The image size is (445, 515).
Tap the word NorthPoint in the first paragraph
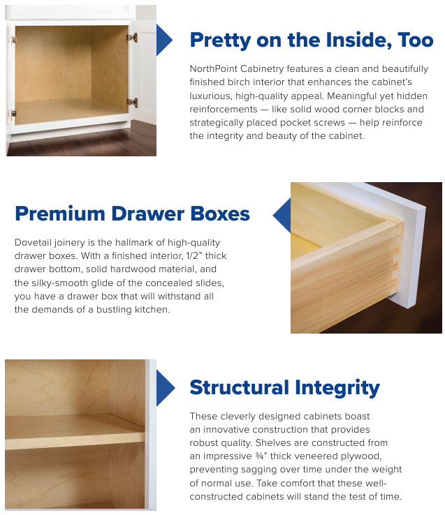[214, 68]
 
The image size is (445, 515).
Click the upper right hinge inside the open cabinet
[132, 38]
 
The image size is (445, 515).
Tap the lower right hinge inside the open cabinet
[132, 103]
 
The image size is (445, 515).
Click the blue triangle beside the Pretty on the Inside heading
[164, 40]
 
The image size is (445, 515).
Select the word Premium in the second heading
[60, 214]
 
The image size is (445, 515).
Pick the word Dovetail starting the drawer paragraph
[33, 242]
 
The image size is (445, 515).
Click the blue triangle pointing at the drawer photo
[282, 215]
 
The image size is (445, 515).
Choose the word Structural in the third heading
[239, 387]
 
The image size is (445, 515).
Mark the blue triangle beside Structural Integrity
[166, 388]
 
